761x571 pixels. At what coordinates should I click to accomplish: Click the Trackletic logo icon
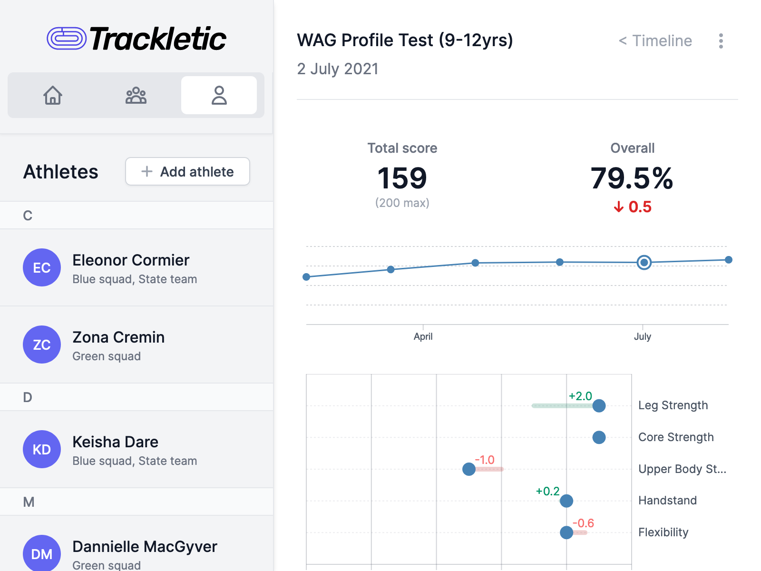click(67, 39)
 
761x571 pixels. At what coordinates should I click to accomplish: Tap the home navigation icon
click(53, 95)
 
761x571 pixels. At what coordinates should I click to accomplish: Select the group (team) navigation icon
click(136, 95)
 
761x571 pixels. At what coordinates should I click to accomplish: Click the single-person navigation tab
click(219, 95)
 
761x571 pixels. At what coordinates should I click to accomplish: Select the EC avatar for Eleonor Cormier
click(42, 267)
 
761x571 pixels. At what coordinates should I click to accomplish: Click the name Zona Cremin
click(118, 337)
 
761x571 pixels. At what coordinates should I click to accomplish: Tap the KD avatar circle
click(42, 449)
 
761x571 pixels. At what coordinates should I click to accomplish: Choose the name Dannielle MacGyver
click(145, 547)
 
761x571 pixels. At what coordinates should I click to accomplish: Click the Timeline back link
click(655, 41)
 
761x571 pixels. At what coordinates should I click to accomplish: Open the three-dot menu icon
click(721, 41)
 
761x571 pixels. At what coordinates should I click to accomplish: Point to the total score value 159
click(402, 178)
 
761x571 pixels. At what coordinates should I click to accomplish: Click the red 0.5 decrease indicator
click(633, 207)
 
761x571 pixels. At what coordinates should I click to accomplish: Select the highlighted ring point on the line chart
click(644, 262)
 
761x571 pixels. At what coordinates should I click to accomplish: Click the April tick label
click(423, 336)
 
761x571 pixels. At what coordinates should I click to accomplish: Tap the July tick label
click(642, 336)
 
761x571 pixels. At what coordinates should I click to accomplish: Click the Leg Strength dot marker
click(599, 405)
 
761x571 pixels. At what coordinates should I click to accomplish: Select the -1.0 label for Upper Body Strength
click(485, 460)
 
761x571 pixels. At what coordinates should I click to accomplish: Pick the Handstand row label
click(667, 501)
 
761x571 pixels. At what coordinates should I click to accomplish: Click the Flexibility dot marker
click(566, 532)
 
